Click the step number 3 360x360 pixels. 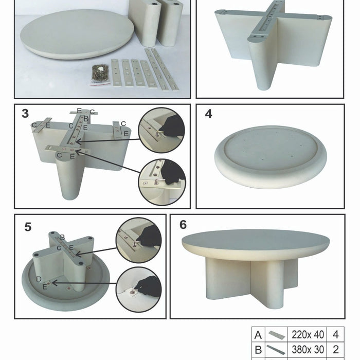[x=25, y=114]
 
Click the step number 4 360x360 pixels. [x=208, y=114]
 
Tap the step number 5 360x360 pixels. [x=28, y=227]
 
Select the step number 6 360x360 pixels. [x=183, y=225]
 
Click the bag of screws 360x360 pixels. [x=100, y=74]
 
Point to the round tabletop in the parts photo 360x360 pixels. [x=77, y=34]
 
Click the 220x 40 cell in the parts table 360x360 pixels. [x=308, y=335]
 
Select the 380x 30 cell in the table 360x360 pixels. [x=308, y=349]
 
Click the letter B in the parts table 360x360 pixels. [x=258, y=350]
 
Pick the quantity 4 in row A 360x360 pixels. [x=336, y=335]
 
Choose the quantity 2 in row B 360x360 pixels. [x=336, y=349]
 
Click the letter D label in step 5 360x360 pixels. [x=39, y=279]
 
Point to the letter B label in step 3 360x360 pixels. [x=86, y=119]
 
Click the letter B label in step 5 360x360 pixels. [x=62, y=238]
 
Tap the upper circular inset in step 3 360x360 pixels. [x=161, y=130]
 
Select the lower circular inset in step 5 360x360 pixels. [x=139, y=290]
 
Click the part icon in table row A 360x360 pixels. [x=277, y=335]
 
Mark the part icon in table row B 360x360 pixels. [x=276, y=350]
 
